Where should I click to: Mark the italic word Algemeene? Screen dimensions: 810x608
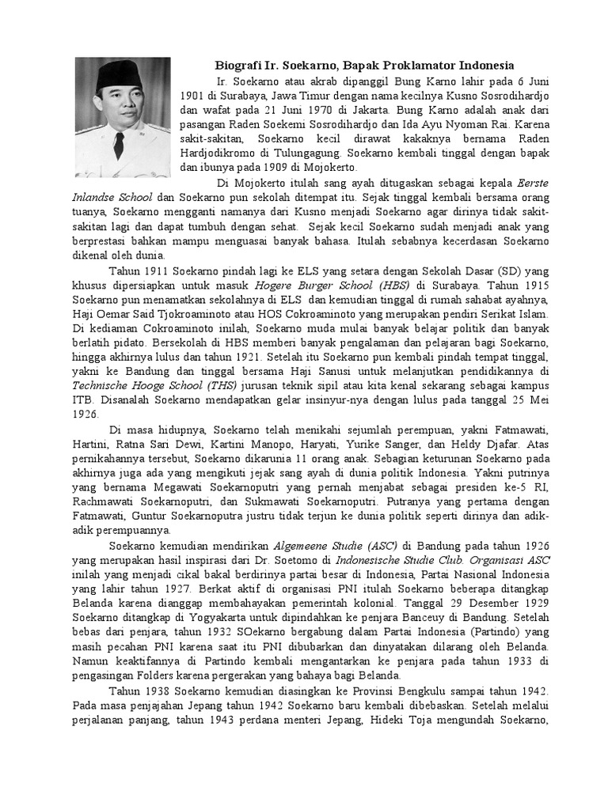click(303, 545)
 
